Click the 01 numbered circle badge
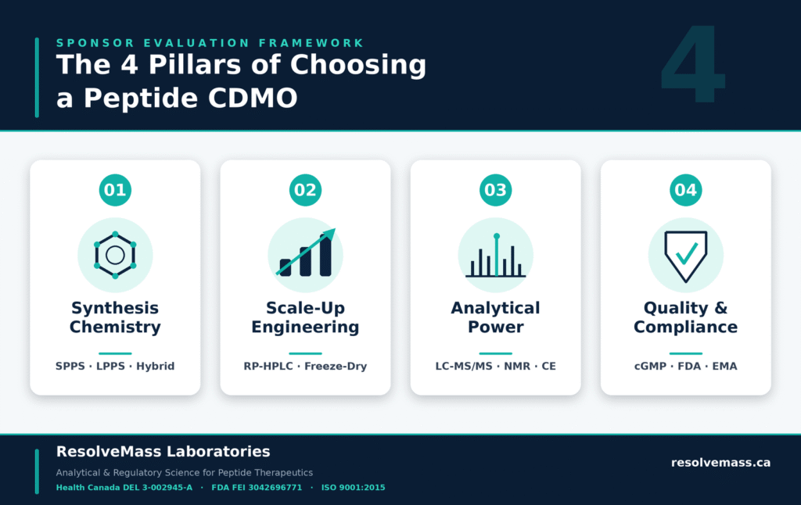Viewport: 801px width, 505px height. [115, 190]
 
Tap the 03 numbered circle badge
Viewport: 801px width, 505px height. [495, 190]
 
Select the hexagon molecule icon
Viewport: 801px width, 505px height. [115, 255]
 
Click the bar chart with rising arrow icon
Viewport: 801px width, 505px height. [306, 252]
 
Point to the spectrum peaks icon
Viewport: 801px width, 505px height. [495, 256]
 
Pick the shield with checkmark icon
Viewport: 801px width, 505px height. [685, 256]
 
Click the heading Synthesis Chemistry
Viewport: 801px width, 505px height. [115, 317]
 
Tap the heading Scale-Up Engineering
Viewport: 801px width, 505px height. [306, 317]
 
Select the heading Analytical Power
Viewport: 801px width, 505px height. [495, 317]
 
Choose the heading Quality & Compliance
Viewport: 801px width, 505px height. [685, 317]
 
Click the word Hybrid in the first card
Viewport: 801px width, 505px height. [156, 366]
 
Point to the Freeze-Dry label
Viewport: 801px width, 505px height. [336, 366]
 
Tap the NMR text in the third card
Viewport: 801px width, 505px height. [517, 366]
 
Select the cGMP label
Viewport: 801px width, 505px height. [650, 366]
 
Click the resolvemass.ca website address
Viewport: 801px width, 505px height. [720, 463]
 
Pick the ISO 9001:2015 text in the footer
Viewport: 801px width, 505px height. [353, 488]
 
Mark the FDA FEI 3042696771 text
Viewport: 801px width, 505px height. [257, 488]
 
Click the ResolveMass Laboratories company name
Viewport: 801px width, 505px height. [163, 451]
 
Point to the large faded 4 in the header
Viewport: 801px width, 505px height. [693, 63]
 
